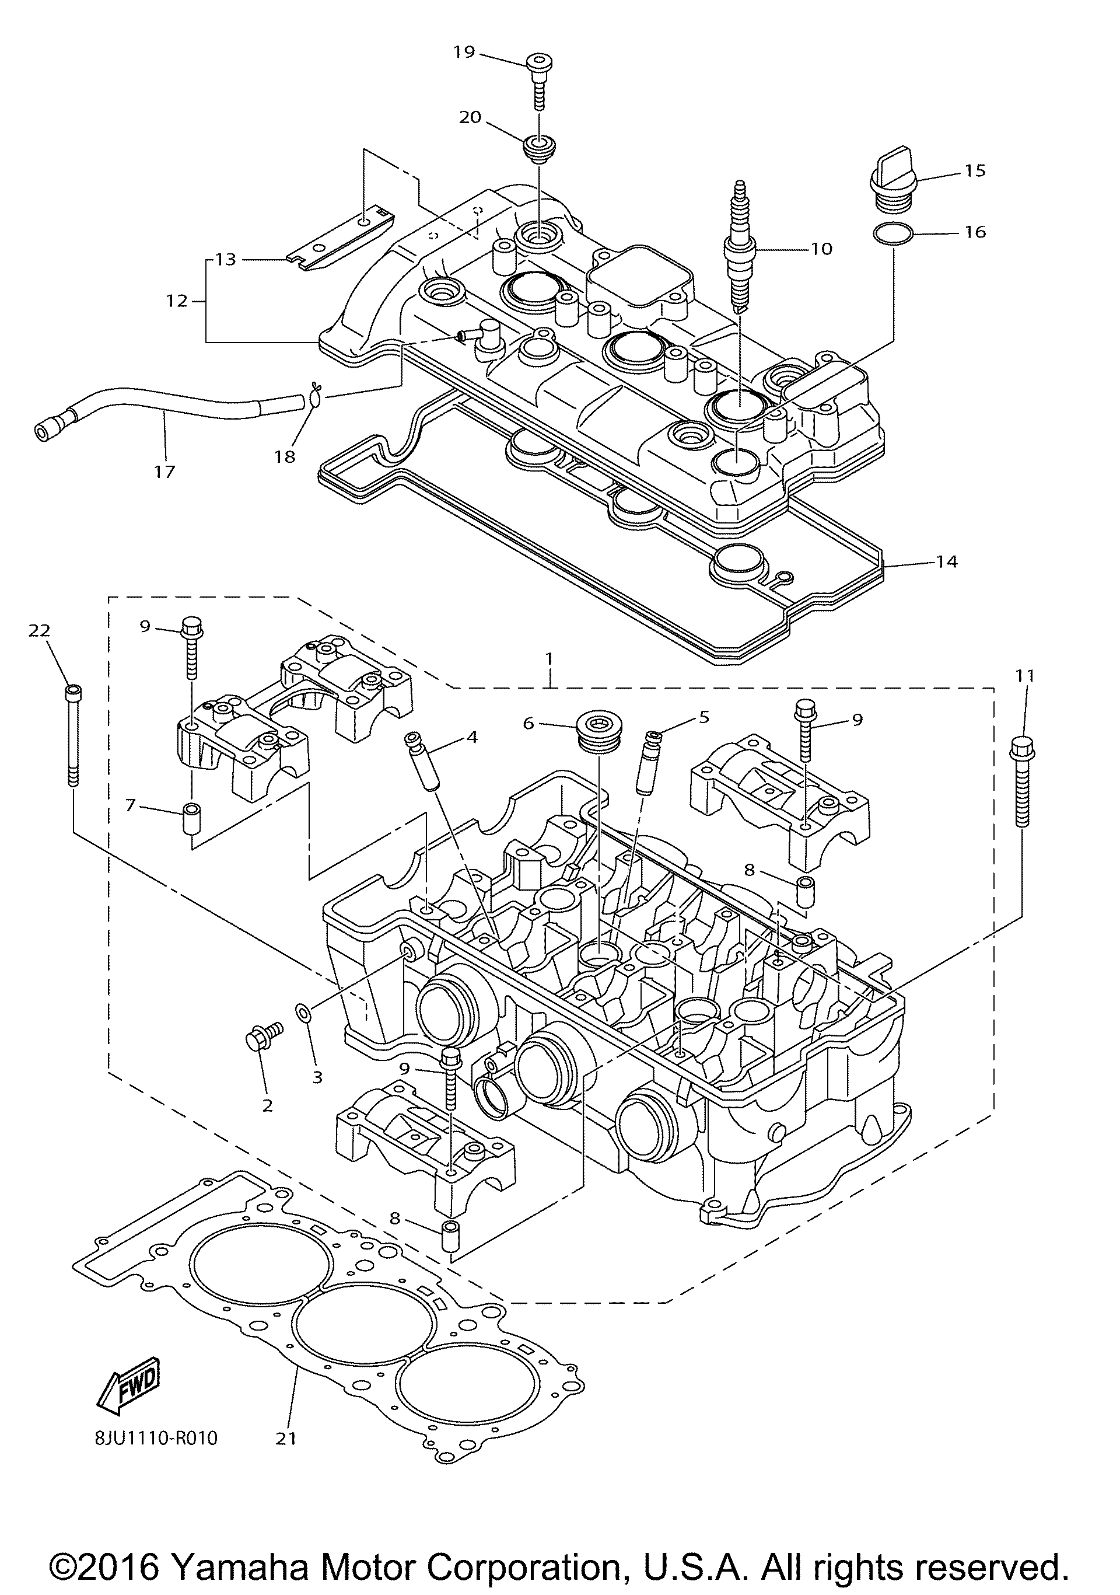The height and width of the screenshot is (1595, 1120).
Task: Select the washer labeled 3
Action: [x=303, y=1014]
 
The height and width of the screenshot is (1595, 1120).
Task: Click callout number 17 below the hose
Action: [x=164, y=472]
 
